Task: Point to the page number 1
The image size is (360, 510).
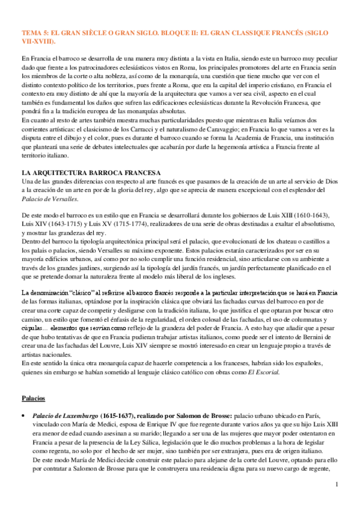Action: tap(337, 484)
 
